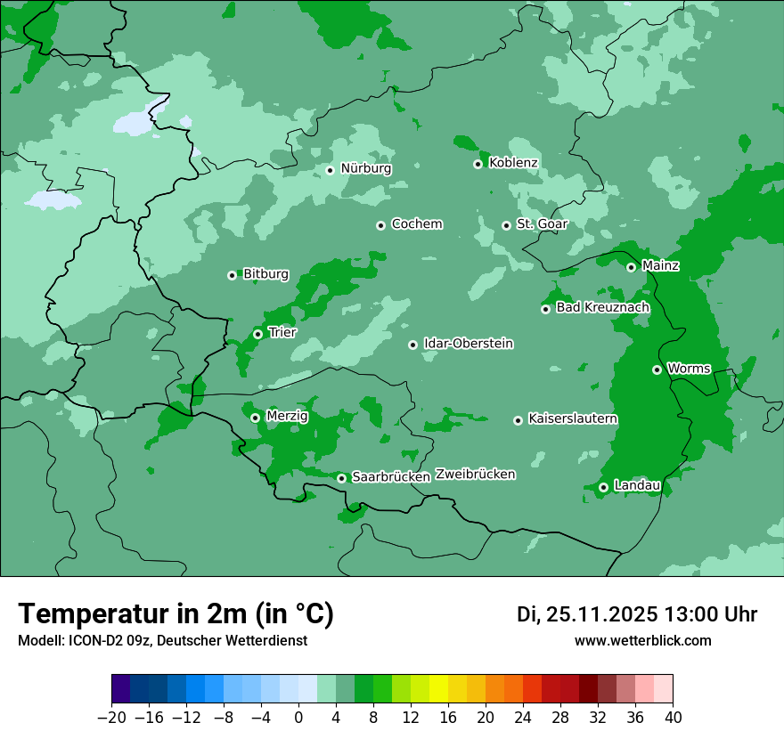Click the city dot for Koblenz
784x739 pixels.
coord(478,164)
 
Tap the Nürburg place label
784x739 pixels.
coord(365,168)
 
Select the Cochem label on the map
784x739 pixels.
coord(416,224)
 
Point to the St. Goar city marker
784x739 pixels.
coord(507,225)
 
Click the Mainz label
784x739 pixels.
coord(660,266)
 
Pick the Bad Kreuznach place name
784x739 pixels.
coord(602,308)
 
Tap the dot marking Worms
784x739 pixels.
coord(657,369)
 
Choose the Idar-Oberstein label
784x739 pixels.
coord(468,344)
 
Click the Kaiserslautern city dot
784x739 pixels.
coord(518,420)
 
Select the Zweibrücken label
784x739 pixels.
coord(475,475)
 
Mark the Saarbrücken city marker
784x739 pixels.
coord(341,478)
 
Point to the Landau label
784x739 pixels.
coord(637,486)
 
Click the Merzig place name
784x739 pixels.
coord(287,417)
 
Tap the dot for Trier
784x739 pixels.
coord(257,334)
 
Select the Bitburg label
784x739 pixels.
coord(265,274)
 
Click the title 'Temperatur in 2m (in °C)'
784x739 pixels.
coord(176,614)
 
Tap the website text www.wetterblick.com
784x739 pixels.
coord(642,641)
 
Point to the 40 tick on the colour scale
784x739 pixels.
coord(673,718)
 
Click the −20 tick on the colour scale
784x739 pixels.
coord(112,718)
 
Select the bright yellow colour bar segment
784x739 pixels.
coord(438,689)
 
